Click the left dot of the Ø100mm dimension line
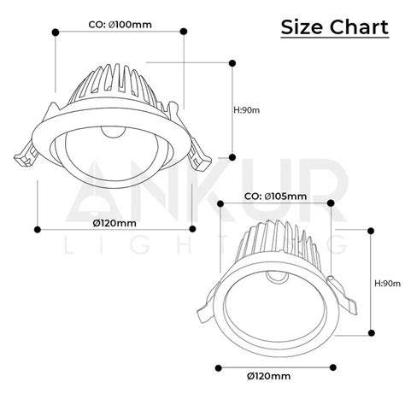(55, 32)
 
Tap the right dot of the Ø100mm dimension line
(185, 32)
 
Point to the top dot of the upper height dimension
(233, 62)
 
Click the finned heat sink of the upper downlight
(120, 92)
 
